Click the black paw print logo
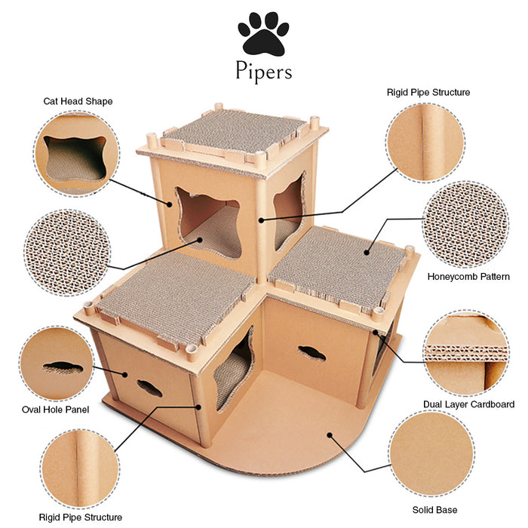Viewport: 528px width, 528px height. click(263, 34)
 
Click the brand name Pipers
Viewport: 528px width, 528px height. click(264, 72)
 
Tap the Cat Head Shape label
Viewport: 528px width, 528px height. click(78, 101)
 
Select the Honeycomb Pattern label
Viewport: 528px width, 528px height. click(468, 277)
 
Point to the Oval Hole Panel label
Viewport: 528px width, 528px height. click(56, 410)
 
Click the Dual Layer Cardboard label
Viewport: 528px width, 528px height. click(468, 404)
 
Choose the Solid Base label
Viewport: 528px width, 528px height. click(434, 510)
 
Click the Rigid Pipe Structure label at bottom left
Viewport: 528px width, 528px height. click(81, 517)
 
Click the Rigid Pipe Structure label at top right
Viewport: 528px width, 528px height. click(428, 92)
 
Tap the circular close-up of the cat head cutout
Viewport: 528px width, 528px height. click(76, 154)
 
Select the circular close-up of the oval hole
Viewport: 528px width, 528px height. click(57, 364)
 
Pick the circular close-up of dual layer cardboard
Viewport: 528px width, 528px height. click(465, 352)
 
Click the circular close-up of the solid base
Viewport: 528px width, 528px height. click(432, 454)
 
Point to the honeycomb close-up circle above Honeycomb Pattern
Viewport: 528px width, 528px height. click(465, 224)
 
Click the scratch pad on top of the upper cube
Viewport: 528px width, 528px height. click(235, 131)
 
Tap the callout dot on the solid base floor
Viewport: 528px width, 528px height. click(330, 435)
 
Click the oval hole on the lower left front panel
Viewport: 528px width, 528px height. click(149, 388)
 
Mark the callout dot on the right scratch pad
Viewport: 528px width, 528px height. click(367, 253)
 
